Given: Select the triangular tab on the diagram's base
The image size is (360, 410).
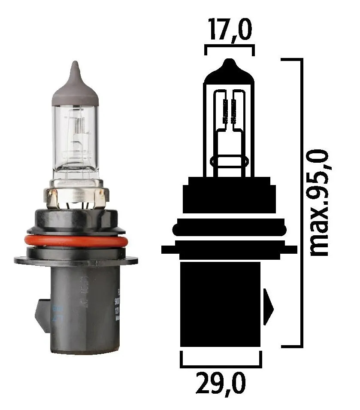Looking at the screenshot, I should pos(268,307).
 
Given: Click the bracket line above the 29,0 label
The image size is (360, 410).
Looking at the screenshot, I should pos(221,365).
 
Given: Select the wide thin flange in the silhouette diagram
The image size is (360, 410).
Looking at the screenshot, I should pos(229,249).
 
